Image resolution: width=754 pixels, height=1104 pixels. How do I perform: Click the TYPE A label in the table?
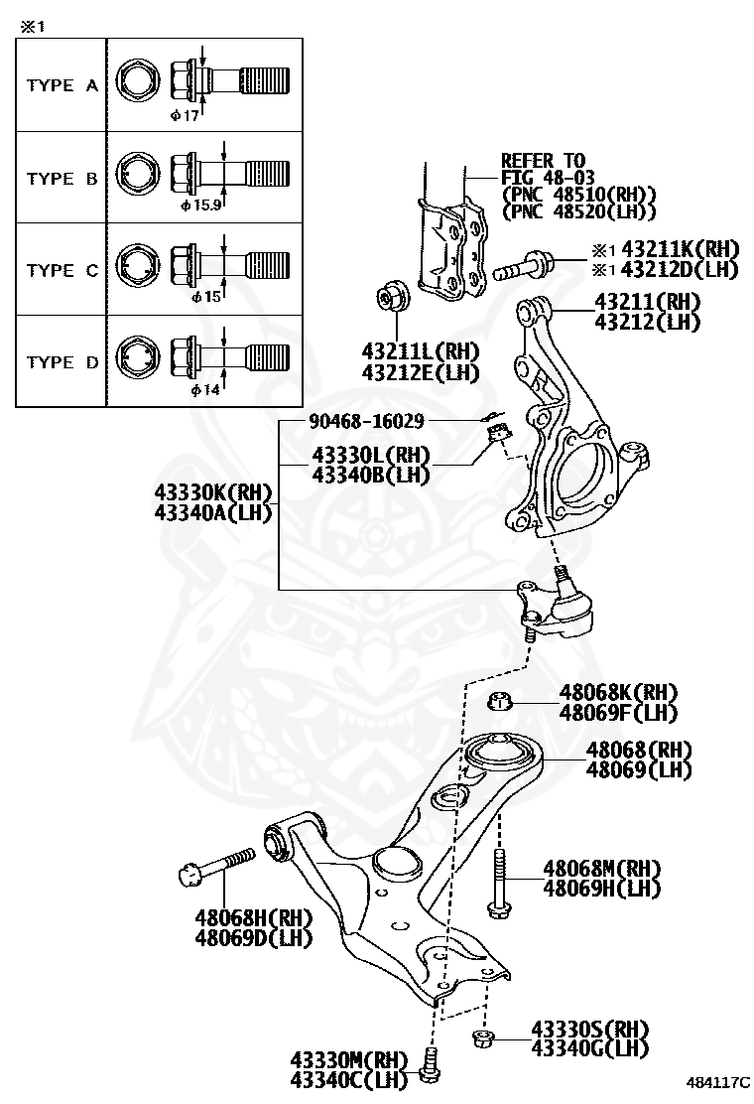click(62, 85)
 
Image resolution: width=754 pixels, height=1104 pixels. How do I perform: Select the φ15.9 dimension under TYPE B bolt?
click(200, 207)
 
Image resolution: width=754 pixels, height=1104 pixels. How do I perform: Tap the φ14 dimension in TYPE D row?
click(202, 391)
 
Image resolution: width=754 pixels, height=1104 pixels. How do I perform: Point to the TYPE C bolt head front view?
click(136, 269)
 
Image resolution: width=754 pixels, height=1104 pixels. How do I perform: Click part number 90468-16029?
click(352, 422)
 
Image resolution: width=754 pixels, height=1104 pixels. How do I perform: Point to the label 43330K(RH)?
click(212, 493)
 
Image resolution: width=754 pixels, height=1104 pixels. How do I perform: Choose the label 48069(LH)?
click(638, 769)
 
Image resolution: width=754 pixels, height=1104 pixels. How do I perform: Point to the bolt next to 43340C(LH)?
click(429, 1065)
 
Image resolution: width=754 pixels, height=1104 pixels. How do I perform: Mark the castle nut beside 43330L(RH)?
click(499, 433)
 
